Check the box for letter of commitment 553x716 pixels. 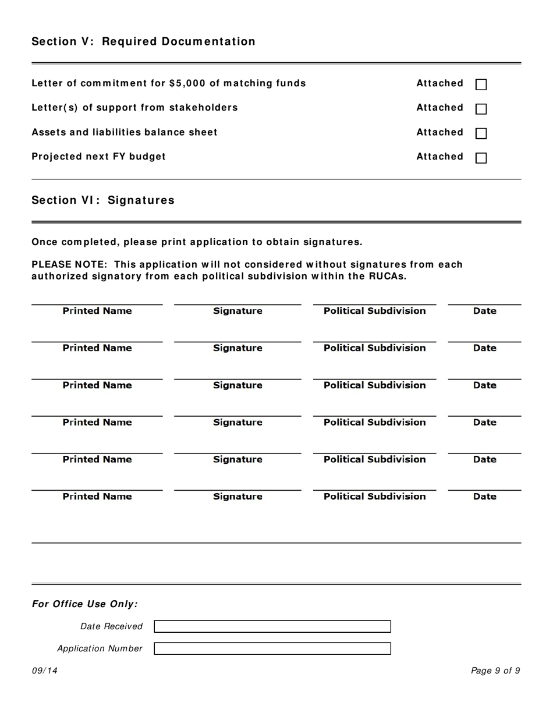tap(481, 84)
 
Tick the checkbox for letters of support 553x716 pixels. tap(481, 109)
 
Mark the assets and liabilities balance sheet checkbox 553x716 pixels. tap(481, 133)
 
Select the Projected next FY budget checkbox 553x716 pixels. tap(481, 158)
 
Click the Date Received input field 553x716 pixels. tap(272, 626)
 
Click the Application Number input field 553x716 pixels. tap(272, 648)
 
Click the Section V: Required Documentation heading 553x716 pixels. tap(143, 41)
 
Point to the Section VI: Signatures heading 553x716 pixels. tap(103, 200)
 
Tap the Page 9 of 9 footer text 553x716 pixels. tap(495, 671)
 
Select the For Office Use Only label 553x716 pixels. tap(85, 604)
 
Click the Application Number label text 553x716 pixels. tap(100, 648)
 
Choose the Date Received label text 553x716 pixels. tap(111, 626)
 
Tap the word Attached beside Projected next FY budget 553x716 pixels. tap(439, 157)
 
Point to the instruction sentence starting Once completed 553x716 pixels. tap(197, 242)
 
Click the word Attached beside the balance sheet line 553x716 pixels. tap(439, 132)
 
